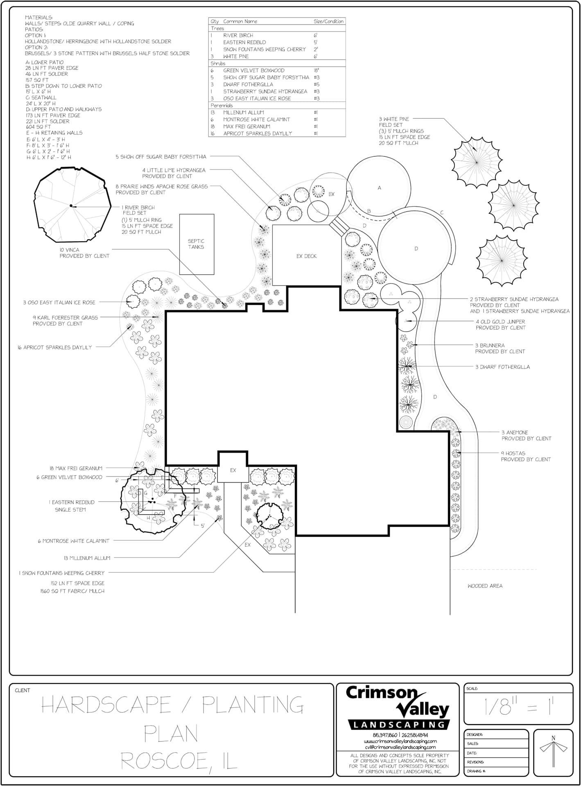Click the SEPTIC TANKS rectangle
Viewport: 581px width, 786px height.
[x=197, y=244]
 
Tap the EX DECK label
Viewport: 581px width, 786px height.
[x=306, y=256]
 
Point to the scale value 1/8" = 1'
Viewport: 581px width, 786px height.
[x=519, y=707]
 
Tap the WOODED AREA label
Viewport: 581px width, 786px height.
[x=485, y=586]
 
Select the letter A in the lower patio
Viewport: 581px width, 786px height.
[x=380, y=188]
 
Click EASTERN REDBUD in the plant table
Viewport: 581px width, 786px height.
[x=244, y=42]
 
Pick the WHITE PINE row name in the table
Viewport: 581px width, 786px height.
[x=236, y=56]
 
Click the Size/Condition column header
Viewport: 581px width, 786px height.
[x=329, y=21]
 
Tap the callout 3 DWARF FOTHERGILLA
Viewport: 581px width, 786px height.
[x=502, y=367]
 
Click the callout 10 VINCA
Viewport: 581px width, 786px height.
[x=69, y=250]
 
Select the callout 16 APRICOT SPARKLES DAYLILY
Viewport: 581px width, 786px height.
[x=55, y=347]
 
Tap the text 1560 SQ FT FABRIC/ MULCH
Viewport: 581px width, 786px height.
[x=72, y=591]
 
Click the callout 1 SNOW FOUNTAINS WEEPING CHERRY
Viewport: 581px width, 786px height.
[x=61, y=573]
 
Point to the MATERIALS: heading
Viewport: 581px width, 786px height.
[x=38, y=18]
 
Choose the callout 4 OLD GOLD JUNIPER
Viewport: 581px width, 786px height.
[x=500, y=322]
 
